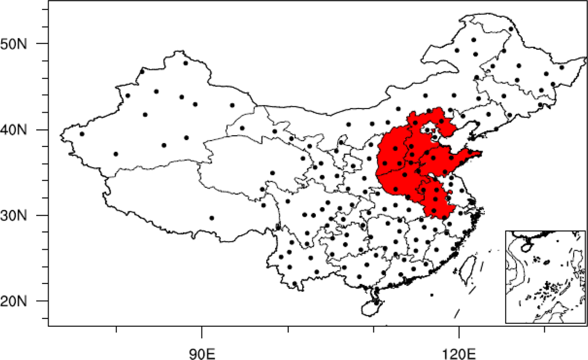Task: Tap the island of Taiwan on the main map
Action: coord(469,268)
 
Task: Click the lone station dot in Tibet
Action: coord(212,218)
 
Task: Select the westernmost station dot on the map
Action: coord(82,133)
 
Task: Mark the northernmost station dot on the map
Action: coord(510,28)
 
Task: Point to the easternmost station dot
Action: coord(561,67)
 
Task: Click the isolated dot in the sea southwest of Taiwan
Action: coord(432,295)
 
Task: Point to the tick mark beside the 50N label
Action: coord(45,44)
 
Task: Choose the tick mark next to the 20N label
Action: coord(45,301)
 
